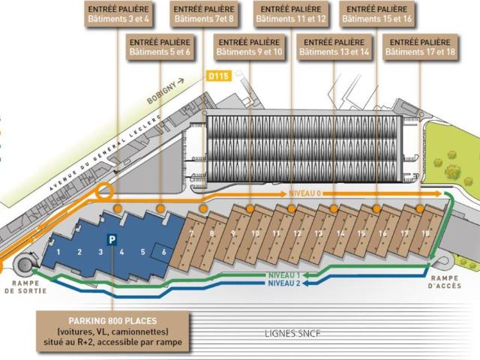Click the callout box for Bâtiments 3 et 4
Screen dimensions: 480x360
click(x=118, y=14)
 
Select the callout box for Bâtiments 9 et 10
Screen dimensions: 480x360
click(x=249, y=47)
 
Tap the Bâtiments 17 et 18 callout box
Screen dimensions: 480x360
click(x=420, y=47)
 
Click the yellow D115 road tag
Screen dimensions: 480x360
click(x=218, y=76)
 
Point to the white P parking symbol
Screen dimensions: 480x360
click(x=112, y=240)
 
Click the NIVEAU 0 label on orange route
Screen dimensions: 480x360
click(x=304, y=193)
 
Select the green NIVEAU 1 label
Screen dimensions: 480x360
click(x=284, y=275)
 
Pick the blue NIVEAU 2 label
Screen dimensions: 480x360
click(x=284, y=283)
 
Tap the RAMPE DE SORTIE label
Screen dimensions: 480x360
click(x=25, y=286)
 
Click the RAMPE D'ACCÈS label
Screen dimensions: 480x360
click(x=445, y=282)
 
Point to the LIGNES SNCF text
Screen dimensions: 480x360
click(x=292, y=333)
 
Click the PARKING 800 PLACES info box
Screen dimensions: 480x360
click(x=112, y=331)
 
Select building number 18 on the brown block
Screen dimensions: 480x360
click(x=425, y=233)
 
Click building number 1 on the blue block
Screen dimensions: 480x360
click(x=58, y=252)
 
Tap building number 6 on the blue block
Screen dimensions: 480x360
click(x=164, y=252)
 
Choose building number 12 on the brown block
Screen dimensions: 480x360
click(x=298, y=233)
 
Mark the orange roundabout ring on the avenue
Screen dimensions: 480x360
click(x=105, y=191)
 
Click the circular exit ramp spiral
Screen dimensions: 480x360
click(x=25, y=262)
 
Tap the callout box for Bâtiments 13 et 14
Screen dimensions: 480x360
click(x=334, y=47)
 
